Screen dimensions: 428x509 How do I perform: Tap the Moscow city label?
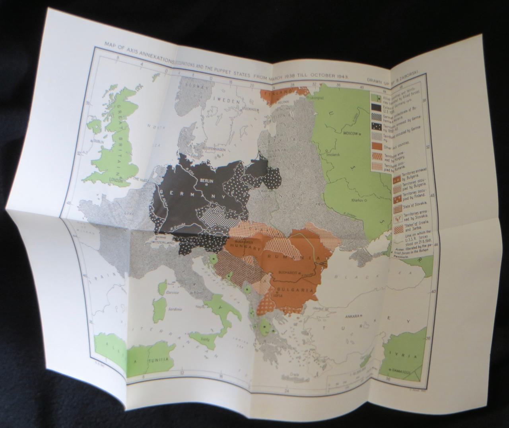tap(350, 134)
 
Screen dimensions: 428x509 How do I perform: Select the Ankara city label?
tap(345, 316)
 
